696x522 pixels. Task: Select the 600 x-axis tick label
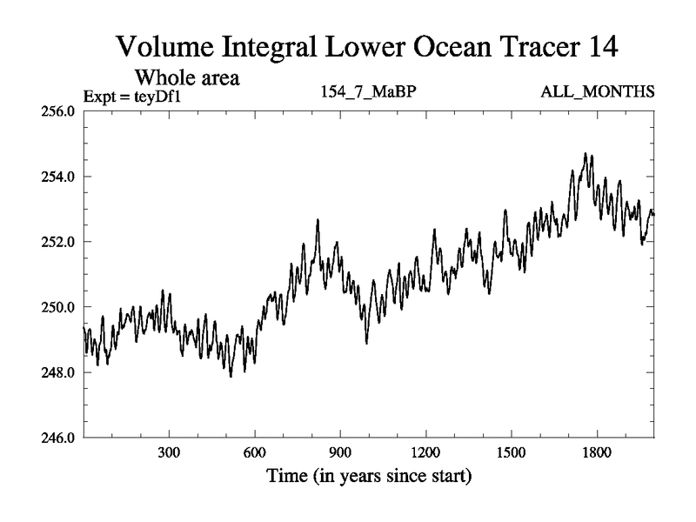point(254,454)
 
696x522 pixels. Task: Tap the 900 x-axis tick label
point(340,454)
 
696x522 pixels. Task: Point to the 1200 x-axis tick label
point(425,454)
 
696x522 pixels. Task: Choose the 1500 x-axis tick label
point(511,454)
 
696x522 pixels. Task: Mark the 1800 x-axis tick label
point(597,454)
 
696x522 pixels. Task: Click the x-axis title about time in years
point(369,477)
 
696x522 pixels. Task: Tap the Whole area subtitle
point(187,77)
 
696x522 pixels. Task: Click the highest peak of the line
point(585,154)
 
